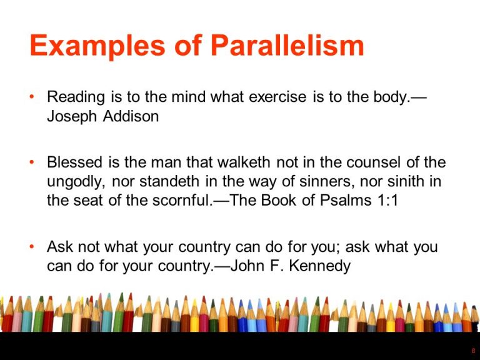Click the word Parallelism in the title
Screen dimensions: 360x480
click(287, 47)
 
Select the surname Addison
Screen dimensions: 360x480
click(133, 116)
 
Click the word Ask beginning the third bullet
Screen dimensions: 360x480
click(59, 247)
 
